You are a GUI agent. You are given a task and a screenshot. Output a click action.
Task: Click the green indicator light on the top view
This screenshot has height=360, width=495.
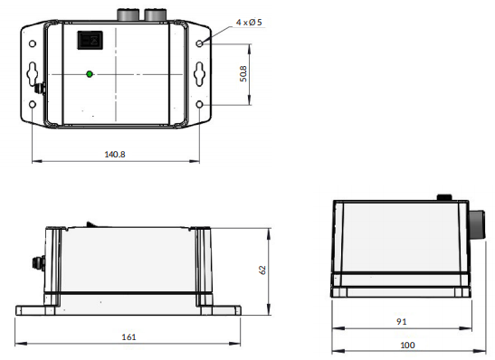pos(90,74)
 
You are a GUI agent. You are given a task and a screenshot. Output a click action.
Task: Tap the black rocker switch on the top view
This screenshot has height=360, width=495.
pos(90,40)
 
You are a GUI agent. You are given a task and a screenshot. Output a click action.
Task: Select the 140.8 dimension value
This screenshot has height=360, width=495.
pos(115,155)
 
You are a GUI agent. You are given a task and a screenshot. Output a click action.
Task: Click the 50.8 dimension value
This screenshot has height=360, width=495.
pos(243,74)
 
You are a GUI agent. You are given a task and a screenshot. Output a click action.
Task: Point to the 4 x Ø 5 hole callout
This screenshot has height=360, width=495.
pos(249,23)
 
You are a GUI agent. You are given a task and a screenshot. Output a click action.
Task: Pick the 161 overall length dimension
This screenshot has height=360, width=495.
pos(129,337)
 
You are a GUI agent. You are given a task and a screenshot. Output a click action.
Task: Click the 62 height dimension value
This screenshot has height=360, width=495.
pos(262,270)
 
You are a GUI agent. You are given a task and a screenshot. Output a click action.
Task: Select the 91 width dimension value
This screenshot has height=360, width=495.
pos(401,321)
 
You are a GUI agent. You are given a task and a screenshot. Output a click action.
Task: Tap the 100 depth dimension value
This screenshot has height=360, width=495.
pos(407,345)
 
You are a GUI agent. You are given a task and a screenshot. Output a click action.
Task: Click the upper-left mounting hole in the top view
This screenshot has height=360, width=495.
pos(33,43)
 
